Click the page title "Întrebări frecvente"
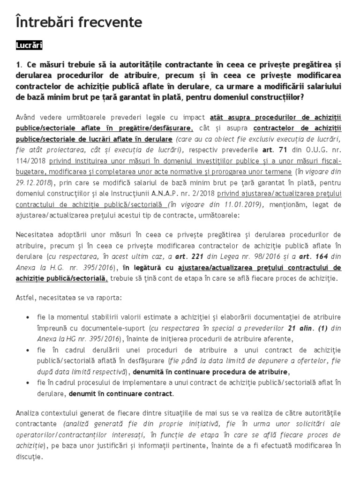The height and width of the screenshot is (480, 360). coord(79,22)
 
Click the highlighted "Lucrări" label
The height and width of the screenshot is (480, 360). coord(29,45)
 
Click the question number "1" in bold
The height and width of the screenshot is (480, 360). coord(18,65)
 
